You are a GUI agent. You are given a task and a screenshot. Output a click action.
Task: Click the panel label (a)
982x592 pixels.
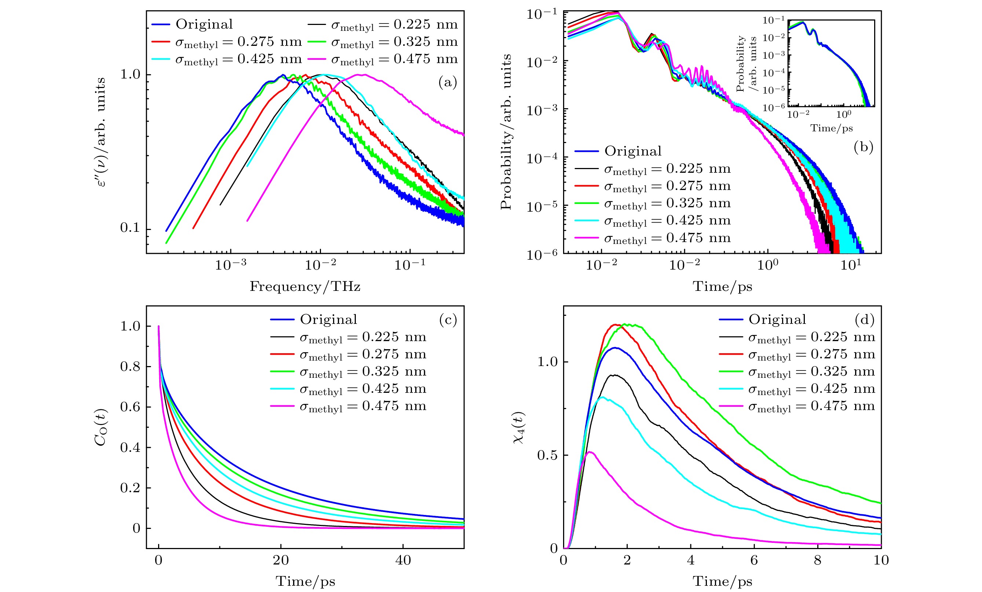tap(447, 83)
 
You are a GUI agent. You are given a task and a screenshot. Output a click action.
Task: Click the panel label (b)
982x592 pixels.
tap(863, 147)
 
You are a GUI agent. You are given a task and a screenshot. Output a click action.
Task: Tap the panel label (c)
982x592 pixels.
tap(448, 319)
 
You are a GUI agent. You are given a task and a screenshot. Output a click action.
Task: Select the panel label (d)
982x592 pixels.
tap(864, 319)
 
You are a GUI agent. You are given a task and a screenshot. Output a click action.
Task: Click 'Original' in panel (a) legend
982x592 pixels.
tap(204, 24)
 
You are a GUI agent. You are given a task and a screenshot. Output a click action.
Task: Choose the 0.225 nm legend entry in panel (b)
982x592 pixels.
tap(667, 169)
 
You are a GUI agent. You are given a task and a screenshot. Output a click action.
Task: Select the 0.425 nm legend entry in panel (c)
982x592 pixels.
tap(362, 389)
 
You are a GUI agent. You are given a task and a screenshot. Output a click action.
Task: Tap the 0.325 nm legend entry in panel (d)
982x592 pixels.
tap(811, 372)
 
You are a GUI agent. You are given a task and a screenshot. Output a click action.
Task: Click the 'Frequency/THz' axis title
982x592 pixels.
tap(305, 286)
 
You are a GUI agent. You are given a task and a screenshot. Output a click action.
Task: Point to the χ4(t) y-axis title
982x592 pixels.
tap(518, 427)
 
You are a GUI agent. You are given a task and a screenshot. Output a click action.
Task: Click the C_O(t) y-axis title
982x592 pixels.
tap(101, 427)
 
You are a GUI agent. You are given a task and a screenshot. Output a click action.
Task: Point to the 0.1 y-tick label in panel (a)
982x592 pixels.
tap(130, 228)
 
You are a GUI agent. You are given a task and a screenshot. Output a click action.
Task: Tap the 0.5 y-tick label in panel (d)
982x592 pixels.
tap(547, 455)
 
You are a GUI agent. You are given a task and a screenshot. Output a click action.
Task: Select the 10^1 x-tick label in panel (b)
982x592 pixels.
tap(851, 264)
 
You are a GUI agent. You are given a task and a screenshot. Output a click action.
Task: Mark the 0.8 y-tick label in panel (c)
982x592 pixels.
tap(130, 366)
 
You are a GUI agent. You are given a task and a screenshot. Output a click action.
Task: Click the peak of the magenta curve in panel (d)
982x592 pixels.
tap(590, 452)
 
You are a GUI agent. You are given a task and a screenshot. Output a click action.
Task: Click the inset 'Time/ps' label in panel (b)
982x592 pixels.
tap(831, 128)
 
